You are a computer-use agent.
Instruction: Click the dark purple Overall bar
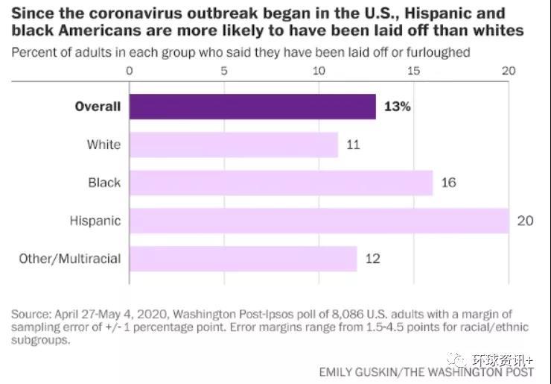click(252, 107)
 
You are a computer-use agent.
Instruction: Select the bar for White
click(234, 145)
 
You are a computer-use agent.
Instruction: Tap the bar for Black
click(281, 183)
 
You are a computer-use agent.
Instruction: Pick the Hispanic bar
click(319, 221)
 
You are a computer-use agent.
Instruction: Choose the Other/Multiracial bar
click(243, 259)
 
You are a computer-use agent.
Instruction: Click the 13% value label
click(397, 107)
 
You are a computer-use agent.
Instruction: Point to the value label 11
click(353, 145)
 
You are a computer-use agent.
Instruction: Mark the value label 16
click(448, 183)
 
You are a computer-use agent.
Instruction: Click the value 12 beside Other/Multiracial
click(372, 259)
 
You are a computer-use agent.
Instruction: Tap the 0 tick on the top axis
click(130, 71)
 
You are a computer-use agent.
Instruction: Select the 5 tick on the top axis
click(224, 71)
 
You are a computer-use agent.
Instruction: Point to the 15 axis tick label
click(413, 71)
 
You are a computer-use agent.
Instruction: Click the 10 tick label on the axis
click(319, 71)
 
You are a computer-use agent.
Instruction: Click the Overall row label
click(98, 107)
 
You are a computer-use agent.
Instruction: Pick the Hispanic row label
click(95, 221)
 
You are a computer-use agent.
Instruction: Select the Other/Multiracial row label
click(70, 259)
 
